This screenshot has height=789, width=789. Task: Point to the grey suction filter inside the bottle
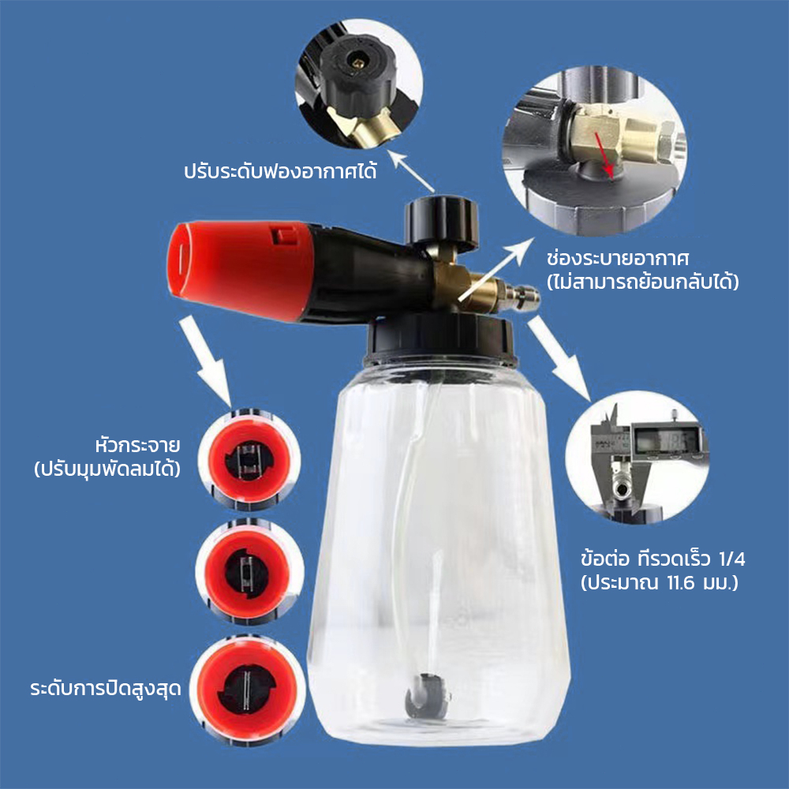(x=427, y=697)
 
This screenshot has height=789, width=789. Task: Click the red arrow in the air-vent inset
(x=604, y=155)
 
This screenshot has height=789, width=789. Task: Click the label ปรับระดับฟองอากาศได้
(x=280, y=170)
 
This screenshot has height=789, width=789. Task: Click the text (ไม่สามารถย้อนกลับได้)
(x=642, y=282)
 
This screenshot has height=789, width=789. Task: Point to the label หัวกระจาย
(x=137, y=445)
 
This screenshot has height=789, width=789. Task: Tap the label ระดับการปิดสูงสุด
(x=106, y=688)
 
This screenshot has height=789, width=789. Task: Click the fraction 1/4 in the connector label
(x=731, y=559)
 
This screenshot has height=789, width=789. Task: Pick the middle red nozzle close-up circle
(x=249, y=572)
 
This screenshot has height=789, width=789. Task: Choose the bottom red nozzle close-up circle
(x=247, y=690)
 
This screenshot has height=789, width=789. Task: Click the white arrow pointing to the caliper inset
(x=559, y=359)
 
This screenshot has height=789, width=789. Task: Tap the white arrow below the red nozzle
(x=205, y=361)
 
